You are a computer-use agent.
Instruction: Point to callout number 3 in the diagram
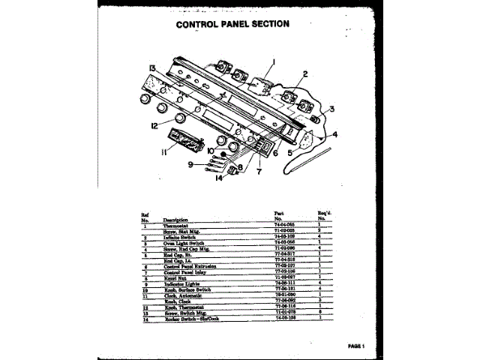point(331,109)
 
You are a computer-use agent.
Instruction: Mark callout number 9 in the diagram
point(190,165)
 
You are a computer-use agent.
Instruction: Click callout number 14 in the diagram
point(218,178)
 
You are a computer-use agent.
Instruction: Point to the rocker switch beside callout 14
point(233,172)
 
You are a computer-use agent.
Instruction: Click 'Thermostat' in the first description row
point(178,225)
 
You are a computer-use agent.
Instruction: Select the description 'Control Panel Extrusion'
point(190,265)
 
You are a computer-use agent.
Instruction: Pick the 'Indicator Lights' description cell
point(183,284)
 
